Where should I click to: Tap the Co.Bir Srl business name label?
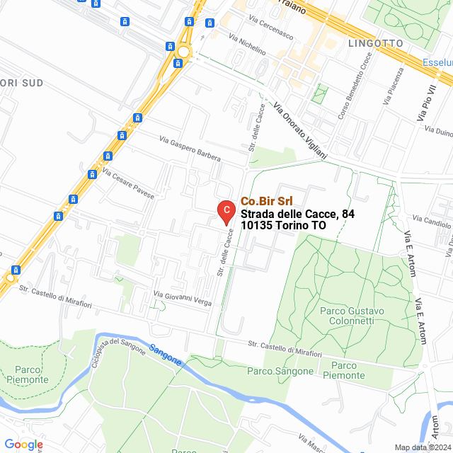tap(267, 201)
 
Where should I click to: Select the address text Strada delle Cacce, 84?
tap(297, 214)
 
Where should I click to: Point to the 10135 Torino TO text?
tap(283, 226)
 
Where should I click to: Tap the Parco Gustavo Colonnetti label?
tap(352, 316)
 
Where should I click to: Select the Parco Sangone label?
tap(280, 371)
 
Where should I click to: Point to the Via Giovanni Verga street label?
tap(183, 298)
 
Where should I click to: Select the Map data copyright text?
tap(423, 447)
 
